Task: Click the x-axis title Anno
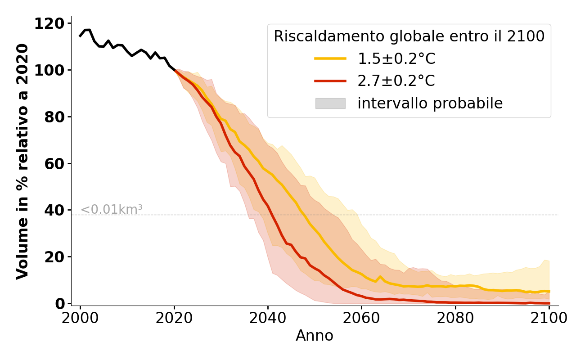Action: coord(315,336)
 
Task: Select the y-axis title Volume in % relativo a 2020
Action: coord(22,161)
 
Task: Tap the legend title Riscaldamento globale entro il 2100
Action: coord(409,36)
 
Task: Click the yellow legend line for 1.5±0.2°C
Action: coord(330,58)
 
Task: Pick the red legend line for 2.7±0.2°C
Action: coord(330,81)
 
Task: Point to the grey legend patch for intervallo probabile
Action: coord(330,103)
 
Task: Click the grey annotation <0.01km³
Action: coord(111,209)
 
